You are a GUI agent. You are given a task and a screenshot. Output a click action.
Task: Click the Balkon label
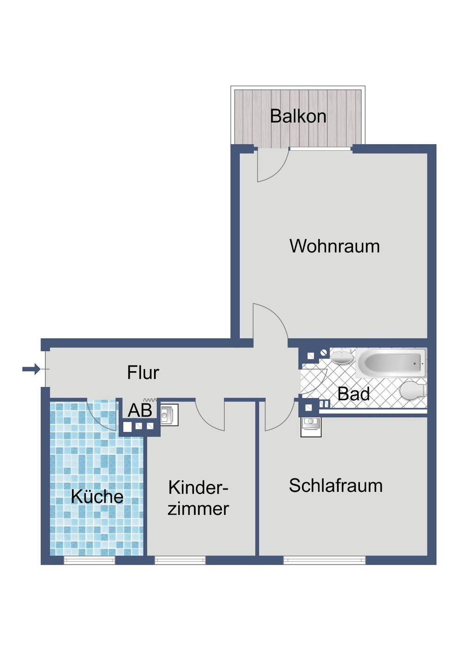(x=298, y=116)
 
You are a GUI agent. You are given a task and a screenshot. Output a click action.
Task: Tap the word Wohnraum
(x=334, y=246)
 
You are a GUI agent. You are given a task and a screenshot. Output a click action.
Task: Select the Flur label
(x=143, y=373)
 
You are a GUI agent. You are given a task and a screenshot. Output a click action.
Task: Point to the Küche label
(x=97, y=497)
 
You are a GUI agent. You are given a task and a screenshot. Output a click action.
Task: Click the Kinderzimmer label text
(x=198, y=498)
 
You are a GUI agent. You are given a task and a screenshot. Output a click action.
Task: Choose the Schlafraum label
(x=336, y=486)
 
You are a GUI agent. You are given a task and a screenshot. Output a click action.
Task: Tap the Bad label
(x=353, y=394)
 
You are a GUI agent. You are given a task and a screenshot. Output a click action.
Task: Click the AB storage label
(x=140, y=410)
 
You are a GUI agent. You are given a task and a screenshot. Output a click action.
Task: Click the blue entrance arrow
(x=31, y=369)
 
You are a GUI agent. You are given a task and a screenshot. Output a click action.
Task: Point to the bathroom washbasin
(x=342, y=357)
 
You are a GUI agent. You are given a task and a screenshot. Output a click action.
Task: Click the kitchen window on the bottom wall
(x=89, y=560)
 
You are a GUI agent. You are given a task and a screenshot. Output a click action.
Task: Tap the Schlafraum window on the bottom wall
(x=324, y=560)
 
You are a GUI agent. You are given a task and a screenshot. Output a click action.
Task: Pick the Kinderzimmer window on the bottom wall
(x=180, y=560)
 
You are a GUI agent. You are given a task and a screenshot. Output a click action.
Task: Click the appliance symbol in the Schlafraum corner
(x=311, y=426)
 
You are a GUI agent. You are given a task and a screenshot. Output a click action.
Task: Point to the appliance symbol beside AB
(x=169, y=415)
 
